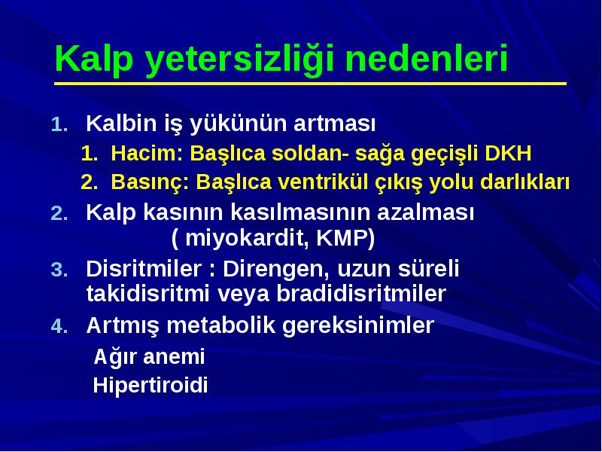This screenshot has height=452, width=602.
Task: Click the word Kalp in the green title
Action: [x=94, y=60]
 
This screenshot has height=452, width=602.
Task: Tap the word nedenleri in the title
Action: [x=427, y=58]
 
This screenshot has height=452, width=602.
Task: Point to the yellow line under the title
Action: [x=310, y=84]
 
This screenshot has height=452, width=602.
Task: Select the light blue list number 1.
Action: [x=59, y=125]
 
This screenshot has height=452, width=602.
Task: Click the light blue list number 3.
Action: [x=59, y=270]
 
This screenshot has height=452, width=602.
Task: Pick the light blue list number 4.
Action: [x=59, y=326]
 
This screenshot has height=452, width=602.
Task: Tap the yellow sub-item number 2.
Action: [x=90, y=182]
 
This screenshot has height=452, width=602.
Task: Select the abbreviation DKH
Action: [x=508, y=153]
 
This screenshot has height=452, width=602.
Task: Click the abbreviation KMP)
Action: [x=345, y=238]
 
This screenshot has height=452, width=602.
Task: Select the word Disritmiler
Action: [x=144, y=268]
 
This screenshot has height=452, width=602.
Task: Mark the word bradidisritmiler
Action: [x=361, y=294]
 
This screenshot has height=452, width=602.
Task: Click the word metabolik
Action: [x=221, y=325]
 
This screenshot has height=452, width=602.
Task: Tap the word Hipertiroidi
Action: [x=150, y=386]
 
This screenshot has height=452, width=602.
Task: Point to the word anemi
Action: [x=174, y=356]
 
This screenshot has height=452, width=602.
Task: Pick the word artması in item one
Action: [x=334, y=124]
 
